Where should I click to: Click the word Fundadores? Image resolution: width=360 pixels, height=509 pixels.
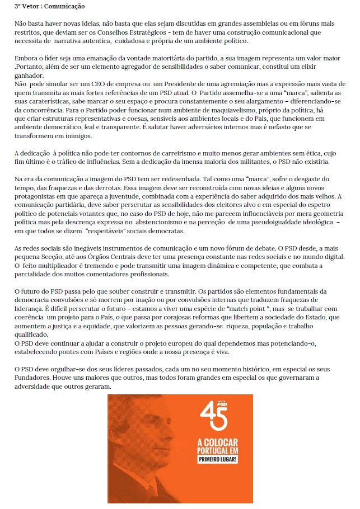(35, 378)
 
